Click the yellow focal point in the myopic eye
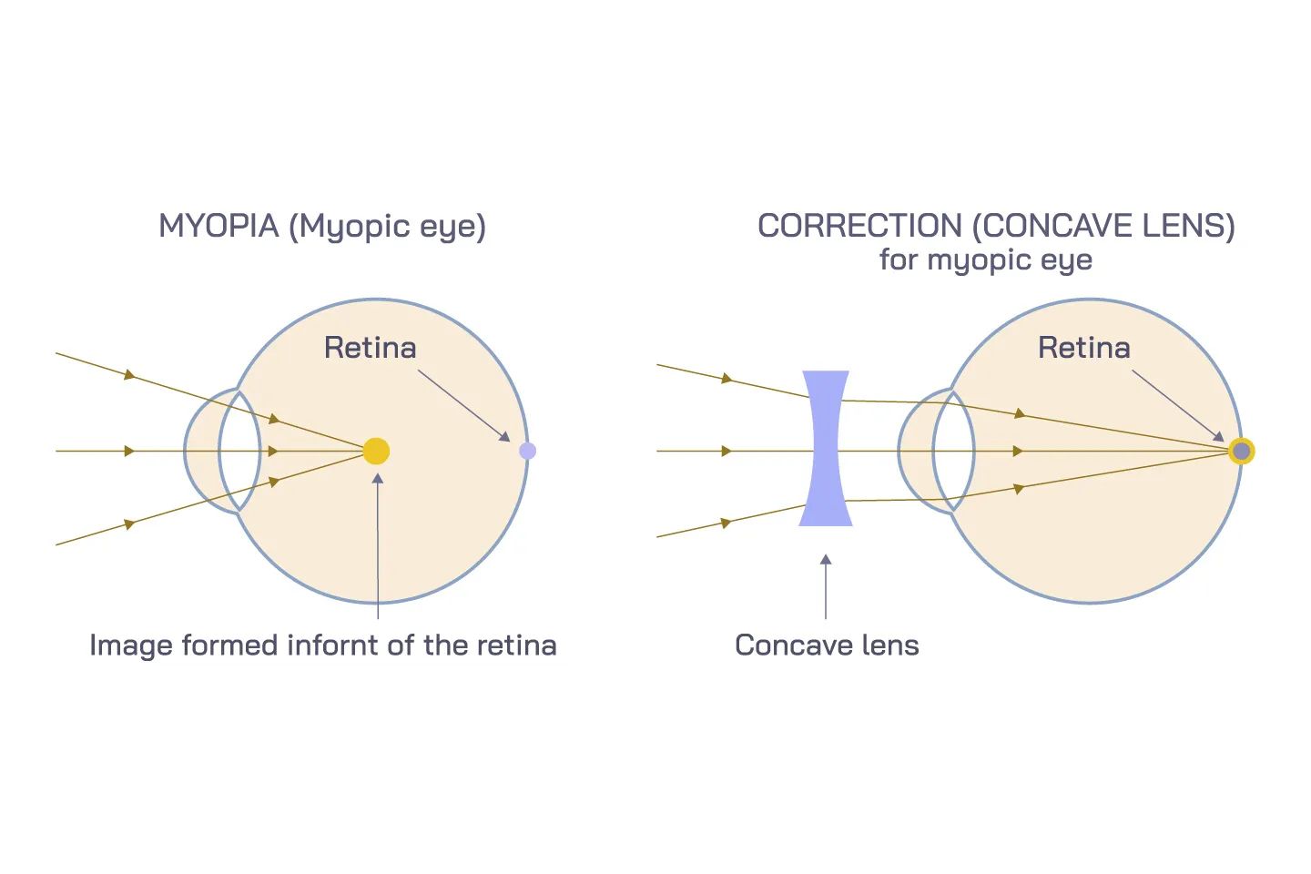376,451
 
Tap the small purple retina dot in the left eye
527,451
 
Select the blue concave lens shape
826,448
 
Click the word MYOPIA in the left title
218,226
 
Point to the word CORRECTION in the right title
859,226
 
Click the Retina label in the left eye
370,348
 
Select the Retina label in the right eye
1083,348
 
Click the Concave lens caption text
827,645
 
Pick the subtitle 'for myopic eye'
985,260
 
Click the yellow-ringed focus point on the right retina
1241,451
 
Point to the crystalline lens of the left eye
239,451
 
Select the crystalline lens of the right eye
953,451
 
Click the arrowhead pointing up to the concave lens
826,560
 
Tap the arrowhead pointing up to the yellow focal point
377,479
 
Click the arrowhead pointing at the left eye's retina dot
505,436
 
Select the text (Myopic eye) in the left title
387,226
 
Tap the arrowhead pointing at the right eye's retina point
1218,436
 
